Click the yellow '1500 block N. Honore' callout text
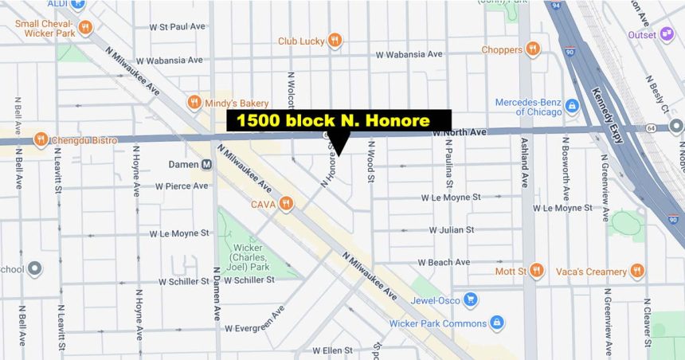point(339,121)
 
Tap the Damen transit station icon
point(207,165)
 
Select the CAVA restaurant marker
point(285,204)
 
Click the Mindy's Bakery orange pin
point(194,102)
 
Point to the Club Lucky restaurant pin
point(335,40)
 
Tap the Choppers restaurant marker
point(532,49)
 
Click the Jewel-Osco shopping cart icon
point(471,299)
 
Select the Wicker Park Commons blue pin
point(497,323)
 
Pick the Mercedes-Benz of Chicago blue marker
point(571,105)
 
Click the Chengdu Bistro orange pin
point(40,140)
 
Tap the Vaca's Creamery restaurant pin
point(636,272)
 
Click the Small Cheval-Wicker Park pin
point(85,28)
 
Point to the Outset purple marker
point(667,34)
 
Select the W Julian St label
point(451,230)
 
